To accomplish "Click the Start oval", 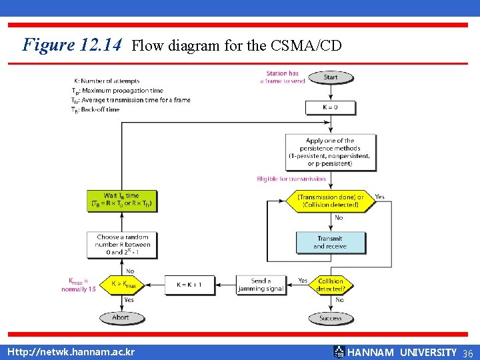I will tap(331, 77).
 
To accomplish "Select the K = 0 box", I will tap(330, 107).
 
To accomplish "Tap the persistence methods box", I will tap(330, 153).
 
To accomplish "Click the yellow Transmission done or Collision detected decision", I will tap(331, 201).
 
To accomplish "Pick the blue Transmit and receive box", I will tap(331, 242).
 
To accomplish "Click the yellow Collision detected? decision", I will tap(331, 285).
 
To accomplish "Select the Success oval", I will tap(331, 318).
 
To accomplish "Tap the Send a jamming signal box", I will tap(261, 285).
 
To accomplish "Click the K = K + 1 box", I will tap(189, 285).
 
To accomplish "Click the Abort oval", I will tap(121, 317).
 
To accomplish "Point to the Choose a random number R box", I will tap(123, 245).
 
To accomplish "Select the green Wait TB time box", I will tap(122, 200).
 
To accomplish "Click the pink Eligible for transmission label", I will tap(291, 179).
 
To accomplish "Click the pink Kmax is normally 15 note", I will tap(79, 285).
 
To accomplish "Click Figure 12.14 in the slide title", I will tap(72, 45).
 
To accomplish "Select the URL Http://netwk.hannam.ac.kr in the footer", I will tap(71, 351).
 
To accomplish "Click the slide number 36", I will tap(467, 352).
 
